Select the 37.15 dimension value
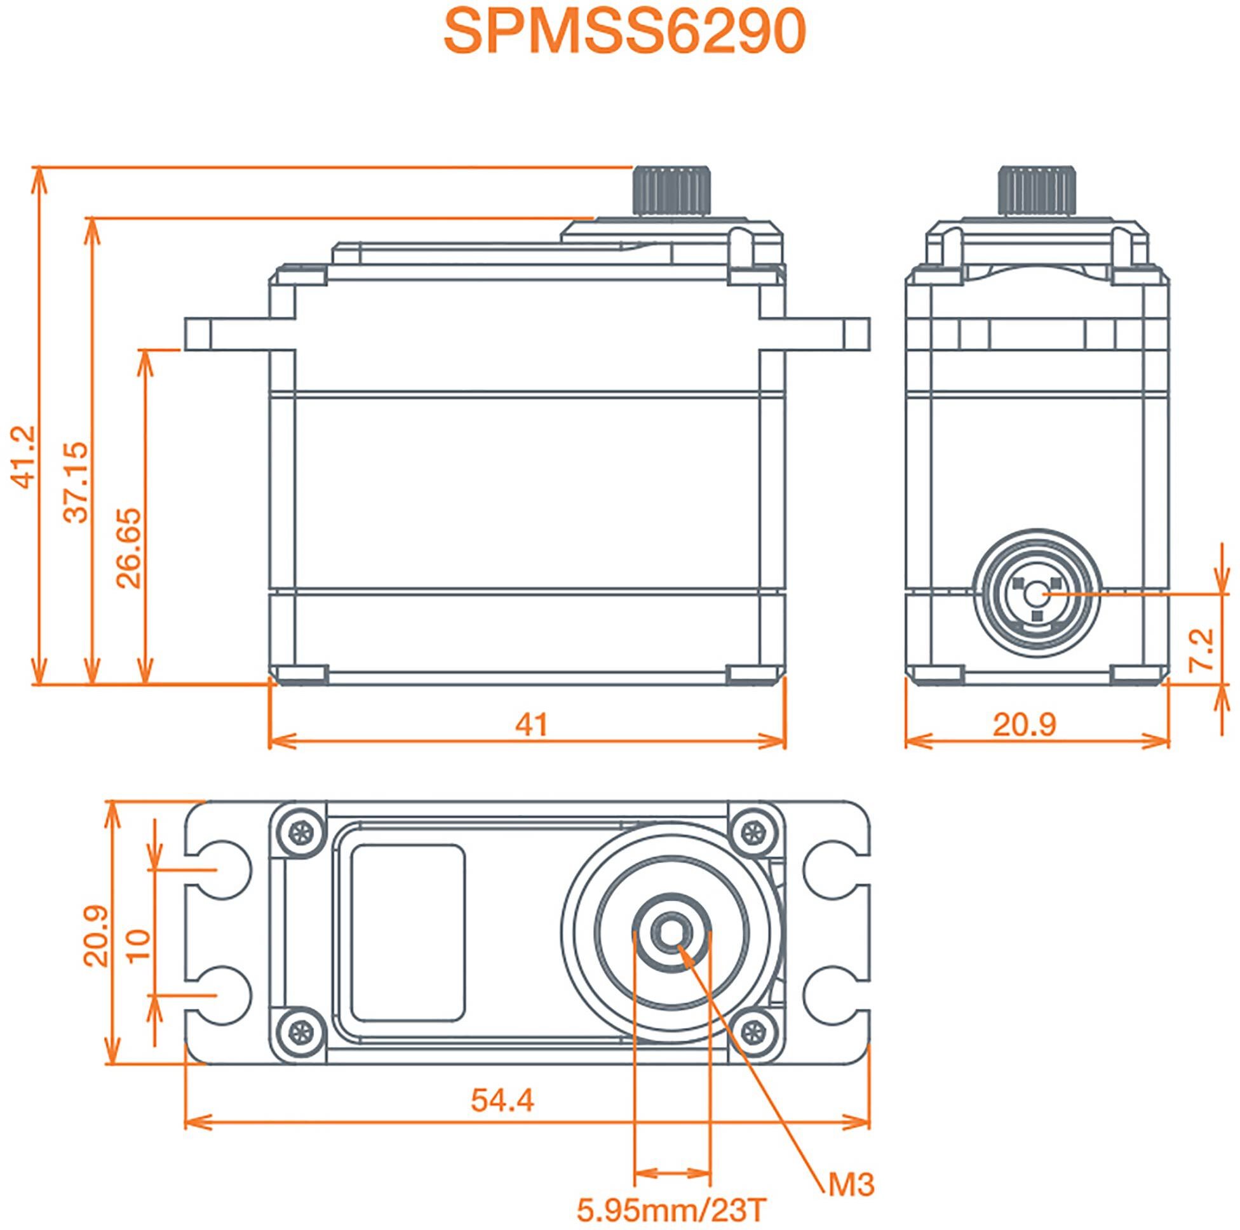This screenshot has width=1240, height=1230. click(x=77, y=482)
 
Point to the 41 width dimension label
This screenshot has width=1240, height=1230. click(x=532, y=725)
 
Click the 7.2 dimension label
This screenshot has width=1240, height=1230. click(x=1201, y=650)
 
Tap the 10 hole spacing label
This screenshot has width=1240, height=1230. click(x=138, y=945)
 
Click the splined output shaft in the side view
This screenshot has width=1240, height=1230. click(x=673, y=191)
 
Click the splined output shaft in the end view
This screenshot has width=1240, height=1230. click(x=1036, y=191)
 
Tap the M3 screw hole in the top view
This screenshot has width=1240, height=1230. click(x=671, y=934)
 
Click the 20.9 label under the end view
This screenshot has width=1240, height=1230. click(x=1025, y=725)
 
